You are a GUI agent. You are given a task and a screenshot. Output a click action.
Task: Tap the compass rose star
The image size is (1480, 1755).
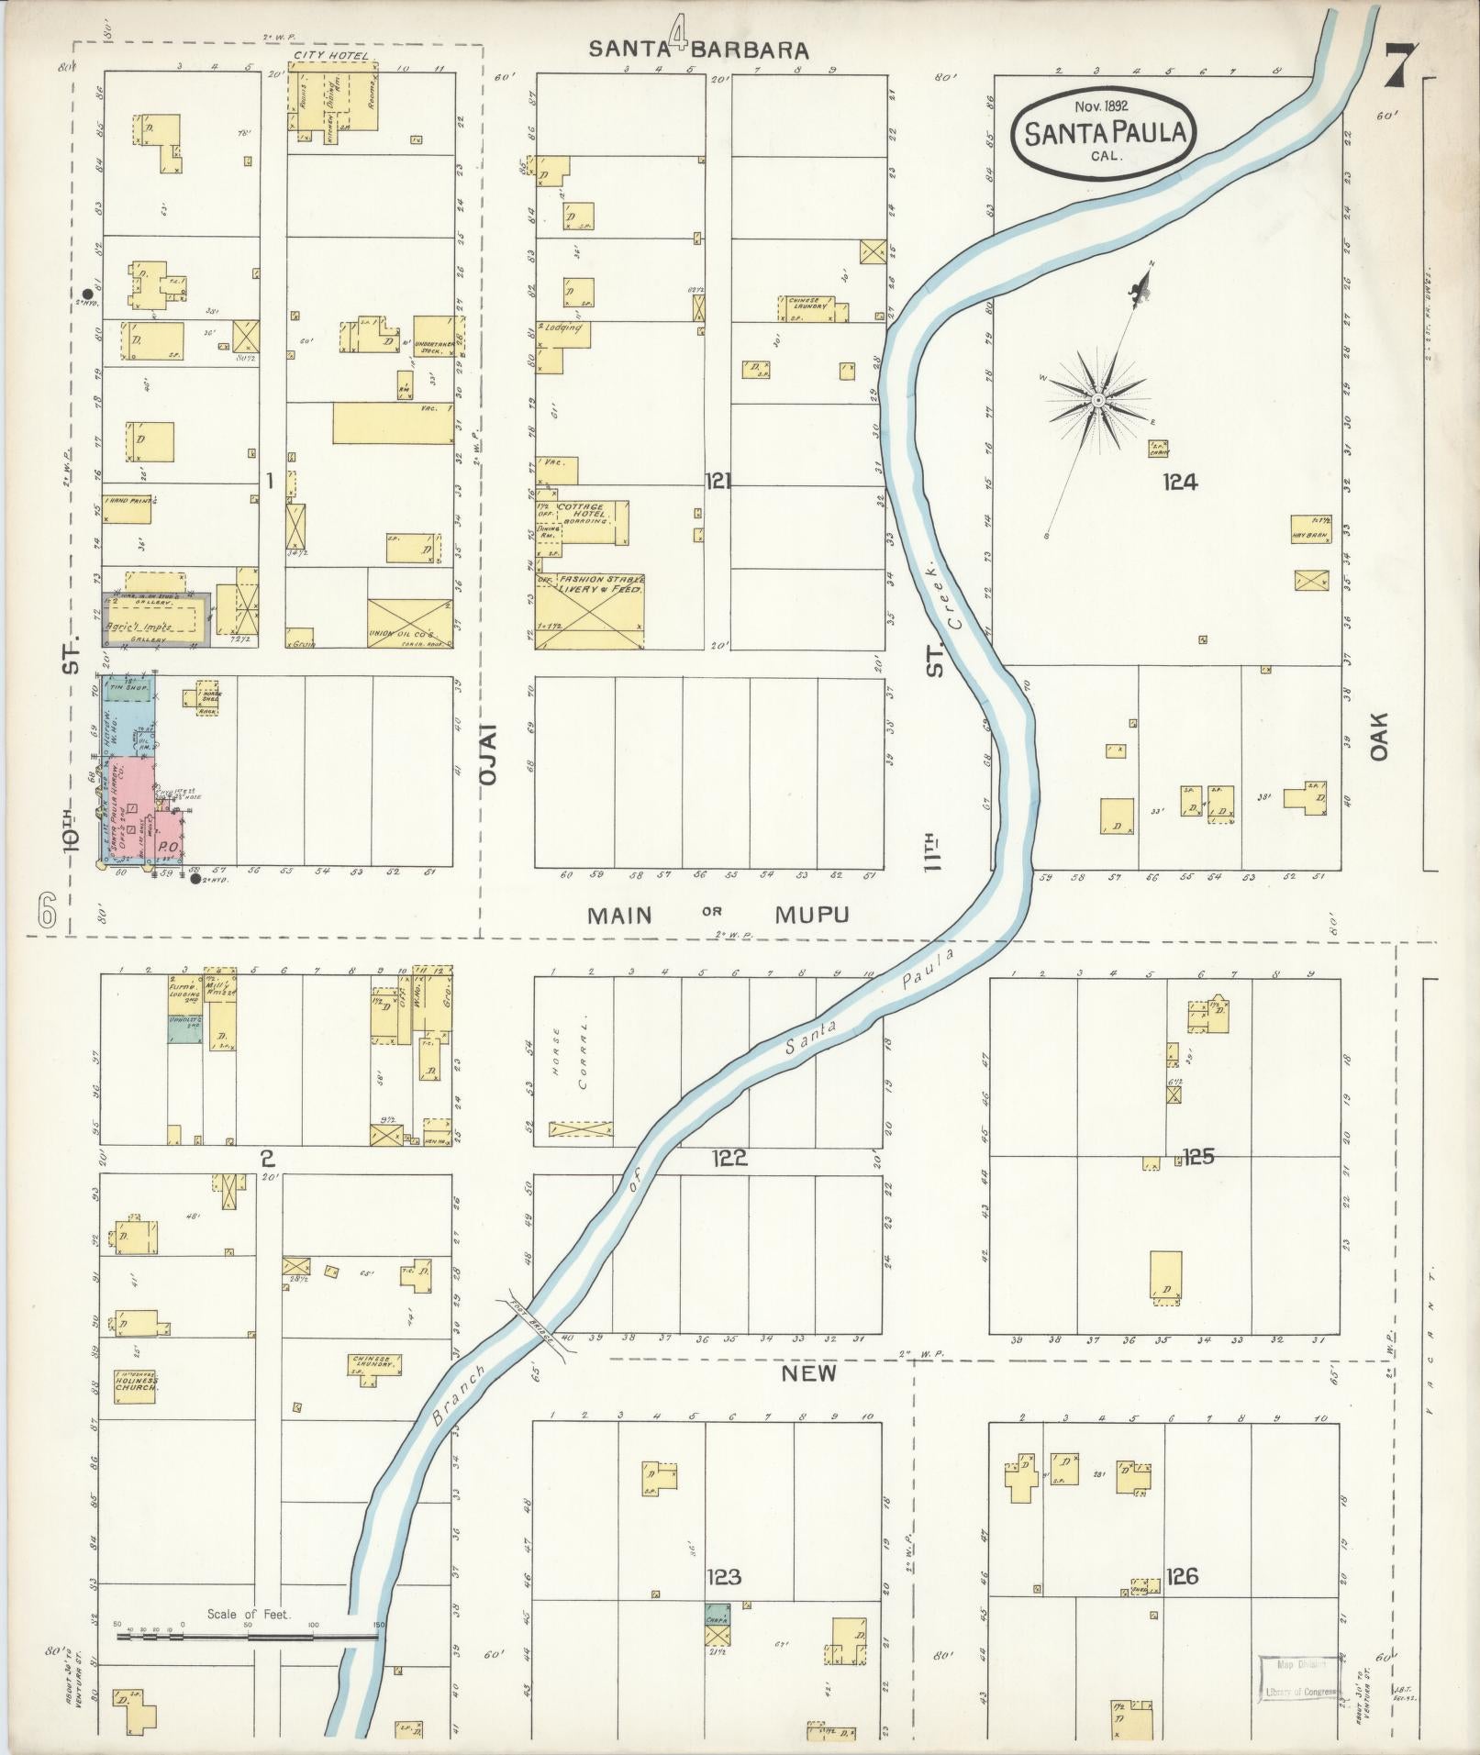pyautogui.click(x=1097, y=401)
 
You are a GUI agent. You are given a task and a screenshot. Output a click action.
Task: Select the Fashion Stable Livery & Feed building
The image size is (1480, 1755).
pyautogui.click(x=589, y=611)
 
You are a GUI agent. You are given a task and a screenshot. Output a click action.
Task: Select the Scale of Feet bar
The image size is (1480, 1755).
pyautogui.click(x=248, y=1637)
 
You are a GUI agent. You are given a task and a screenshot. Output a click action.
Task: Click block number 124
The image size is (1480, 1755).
pyautogui.click(x=1179, y=481)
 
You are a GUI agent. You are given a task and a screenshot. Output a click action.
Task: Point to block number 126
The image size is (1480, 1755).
pyautogui.click(x=1182, y=1576)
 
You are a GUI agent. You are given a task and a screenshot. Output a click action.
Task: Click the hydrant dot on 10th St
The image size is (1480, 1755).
pyautogui.click(x=87, y=294)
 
